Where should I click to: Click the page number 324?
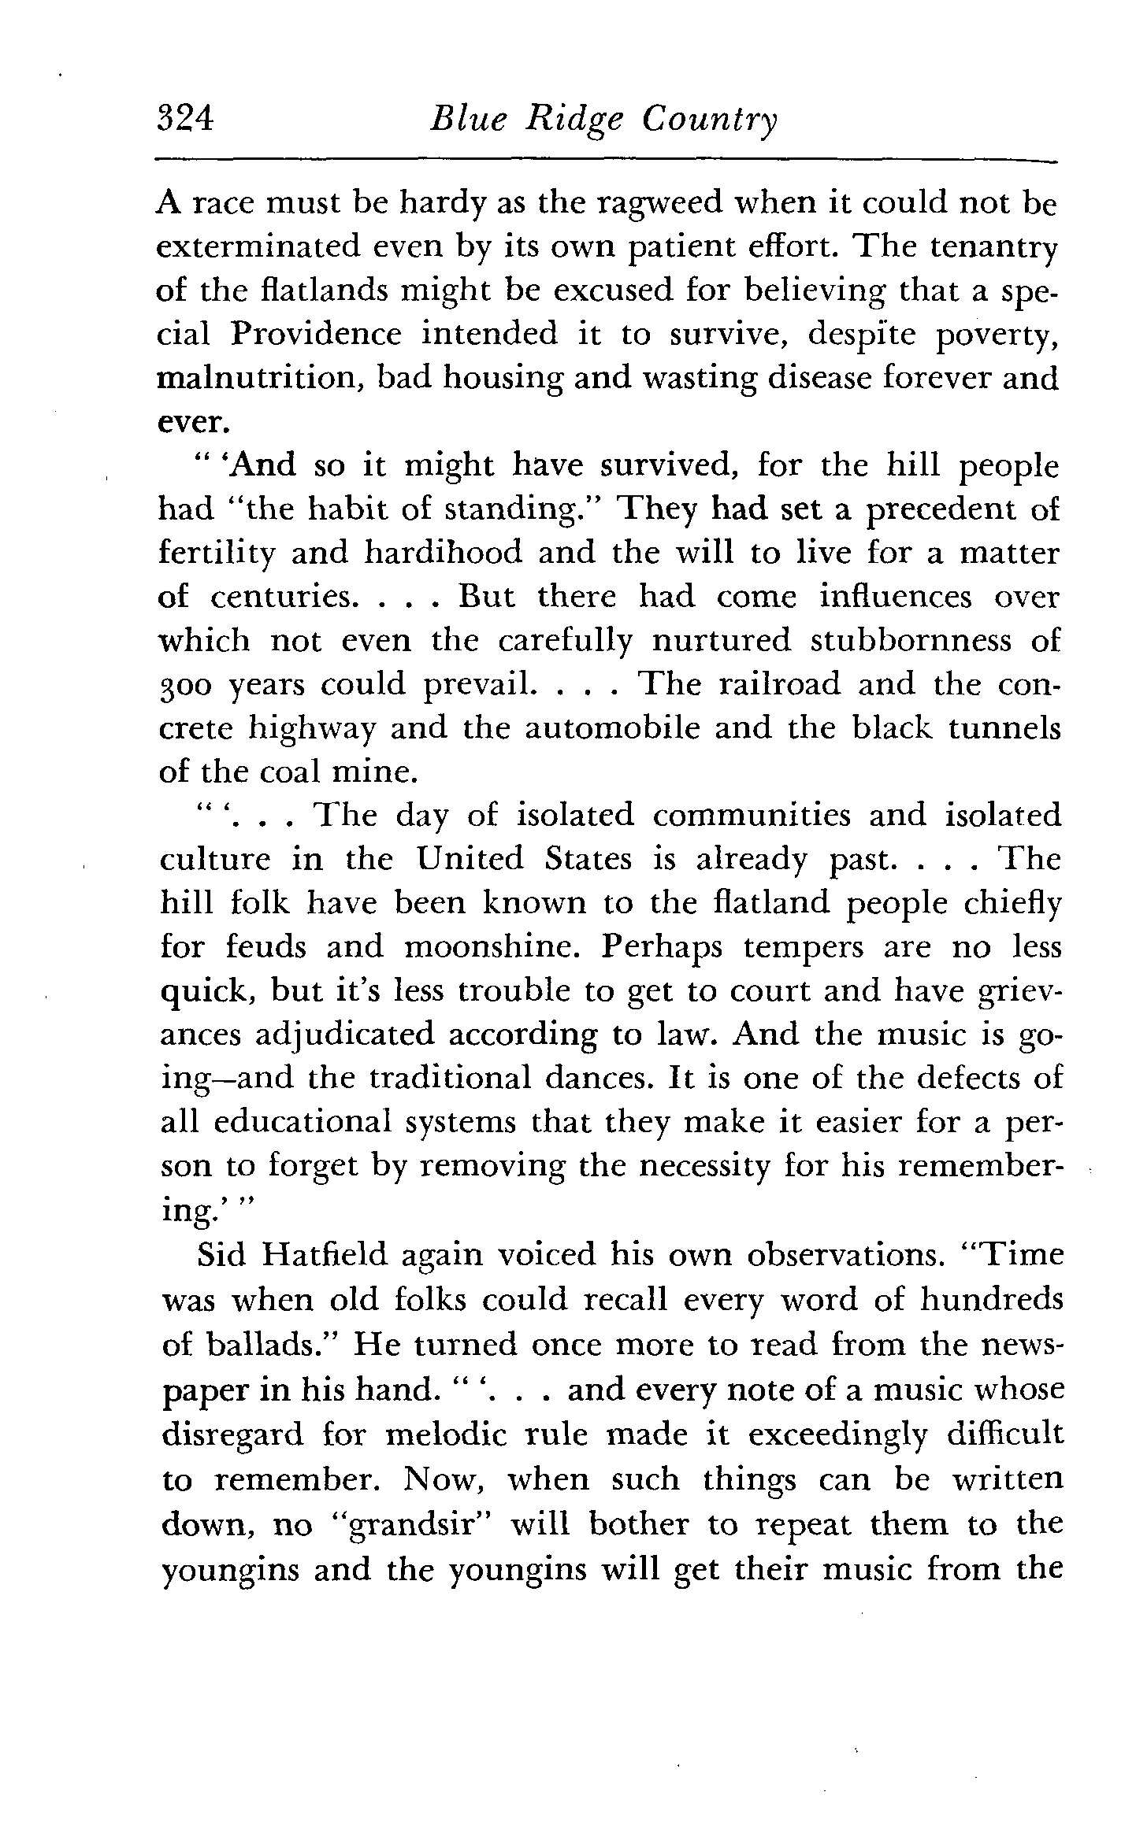pos(184,119)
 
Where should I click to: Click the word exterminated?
pos(257,248)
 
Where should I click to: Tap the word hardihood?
pos(443,553)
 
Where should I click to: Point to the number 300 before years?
pos(186,685)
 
